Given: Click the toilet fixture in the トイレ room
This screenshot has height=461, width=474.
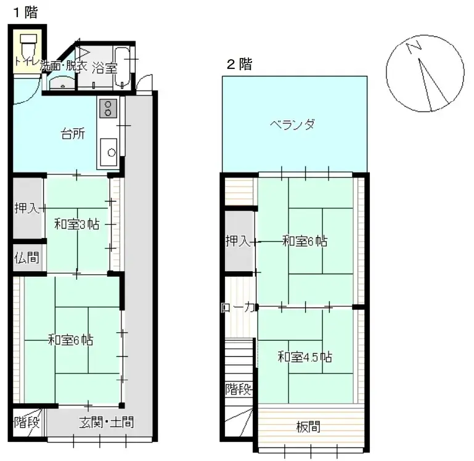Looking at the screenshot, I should click(x=28, y=45).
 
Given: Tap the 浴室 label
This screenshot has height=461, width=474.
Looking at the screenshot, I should click(x=105, y=68).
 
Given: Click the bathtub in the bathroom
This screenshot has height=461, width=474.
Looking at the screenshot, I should click(x=123, y=67).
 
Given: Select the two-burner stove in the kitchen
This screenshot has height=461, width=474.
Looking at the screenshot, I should click(x=107, y=108).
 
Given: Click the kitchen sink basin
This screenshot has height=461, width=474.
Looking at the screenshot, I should click(x=108, y=150).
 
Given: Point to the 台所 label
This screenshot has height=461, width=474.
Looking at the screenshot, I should click(x=72, y=134).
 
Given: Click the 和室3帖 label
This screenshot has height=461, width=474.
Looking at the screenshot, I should click(x=76, y=224).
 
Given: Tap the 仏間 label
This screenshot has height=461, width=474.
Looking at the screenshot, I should click(x=27, y=257).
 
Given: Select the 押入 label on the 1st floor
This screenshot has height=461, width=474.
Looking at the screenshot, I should click(x=27, y=208).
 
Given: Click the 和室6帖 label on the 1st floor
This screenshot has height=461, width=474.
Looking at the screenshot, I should click(x=71, y=340).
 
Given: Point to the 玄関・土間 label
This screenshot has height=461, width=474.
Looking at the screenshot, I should click(x=106, y=423).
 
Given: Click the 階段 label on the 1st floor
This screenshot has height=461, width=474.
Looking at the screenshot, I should click(x=27, y=423).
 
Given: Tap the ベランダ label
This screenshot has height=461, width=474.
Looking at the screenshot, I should click(x=293, y=124).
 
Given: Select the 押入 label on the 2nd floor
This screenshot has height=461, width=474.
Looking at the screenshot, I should click(x=238, y=242).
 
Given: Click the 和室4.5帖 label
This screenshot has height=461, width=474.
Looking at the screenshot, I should click(x=304, y=357).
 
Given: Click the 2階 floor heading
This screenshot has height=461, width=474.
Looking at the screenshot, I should click(x=239, y=65).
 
